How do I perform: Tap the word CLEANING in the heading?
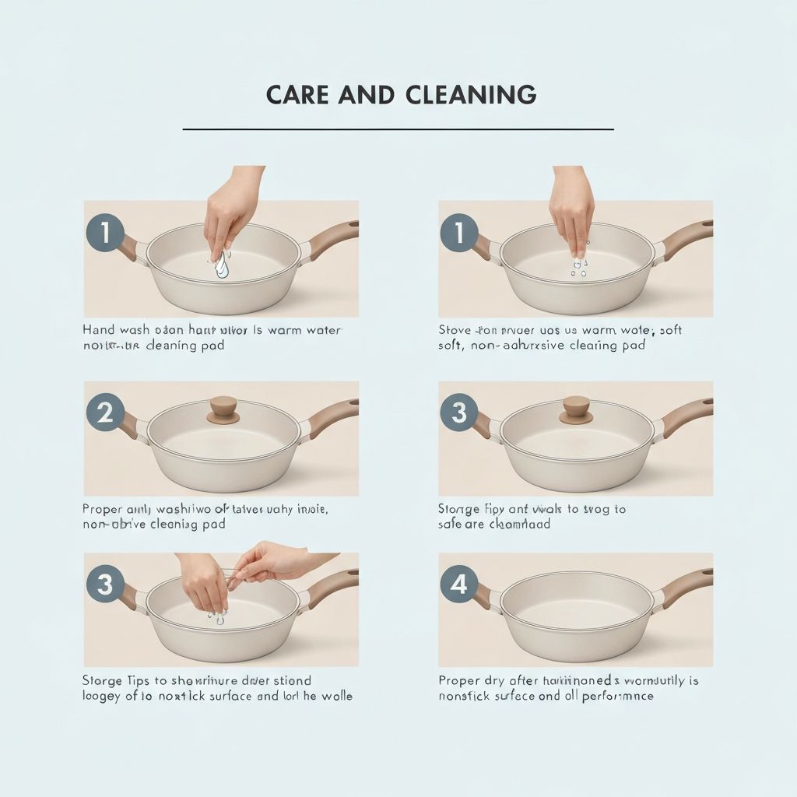pyautogui.click(x=471, y=95)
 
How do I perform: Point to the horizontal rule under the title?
pyautogui.click(x=398, y=129)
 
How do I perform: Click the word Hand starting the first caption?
pyautogui.click(x=99, y=330)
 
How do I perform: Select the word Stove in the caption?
pyautogui.click(x=455, y=330)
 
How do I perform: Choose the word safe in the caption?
pyautogui.click(x=451, y=525)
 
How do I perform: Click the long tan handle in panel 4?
pyautogui.click(x=686, y=583)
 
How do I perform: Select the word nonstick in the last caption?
pyautogui.click(x=465, y=696)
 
